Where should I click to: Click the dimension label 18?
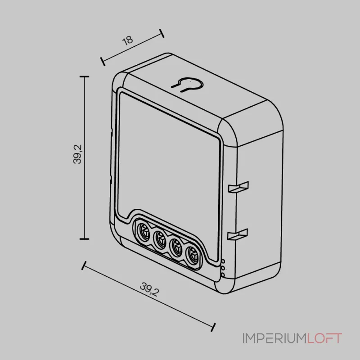pyautogui.click(x=128, y=40)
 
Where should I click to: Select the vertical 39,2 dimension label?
pyautogui.click(x=77, y=154)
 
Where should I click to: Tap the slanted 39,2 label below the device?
pyautogui.click(x=149, y=289)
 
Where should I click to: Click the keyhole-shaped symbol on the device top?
pyautogui.click(x=187, y=85)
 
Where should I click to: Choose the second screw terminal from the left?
pyautogui.click(x=160, y=238)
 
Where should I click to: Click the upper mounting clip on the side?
pyautogui.click(x=238, y=187)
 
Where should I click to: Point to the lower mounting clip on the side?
pyautogui.click(x=238, y=234)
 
